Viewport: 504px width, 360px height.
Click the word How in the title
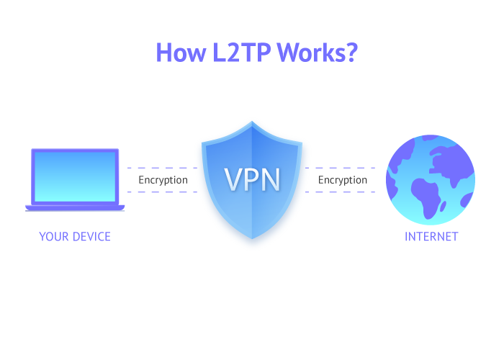pyautogui.click(x=181, y=52)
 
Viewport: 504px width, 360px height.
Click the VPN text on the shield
pyautogui.click(x=252, y=179)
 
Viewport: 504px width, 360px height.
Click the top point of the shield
pyautogui.click(x=252, y=122)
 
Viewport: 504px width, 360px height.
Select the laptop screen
pyautogui.click(x=75, y=176)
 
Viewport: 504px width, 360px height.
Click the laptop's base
pyautogui.click(x=75, y=207)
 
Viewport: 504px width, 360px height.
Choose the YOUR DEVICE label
pyautogui.click(x=75, y=237)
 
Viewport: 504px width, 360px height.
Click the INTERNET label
pyautogui.click(x=431, y=237)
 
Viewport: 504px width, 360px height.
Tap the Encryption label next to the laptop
pyautogui.click(x=163, y=180)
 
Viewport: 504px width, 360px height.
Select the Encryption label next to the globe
pyautogui.click(x=343, y=180)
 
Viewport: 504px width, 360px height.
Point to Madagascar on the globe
pyautogui.click(x=443, y=206)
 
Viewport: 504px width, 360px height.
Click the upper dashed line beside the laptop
pyautogui.click(x=162, y=168)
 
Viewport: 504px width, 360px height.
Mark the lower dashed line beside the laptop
pyautogui.click(x=162, y=192)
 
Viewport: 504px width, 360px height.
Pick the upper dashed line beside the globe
pyautogui.click(x=340, y=168)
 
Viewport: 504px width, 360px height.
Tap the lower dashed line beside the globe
pyautogui.click(x=340, y=192)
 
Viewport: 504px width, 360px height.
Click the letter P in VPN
pyautogui.click(x=252, y=179)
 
